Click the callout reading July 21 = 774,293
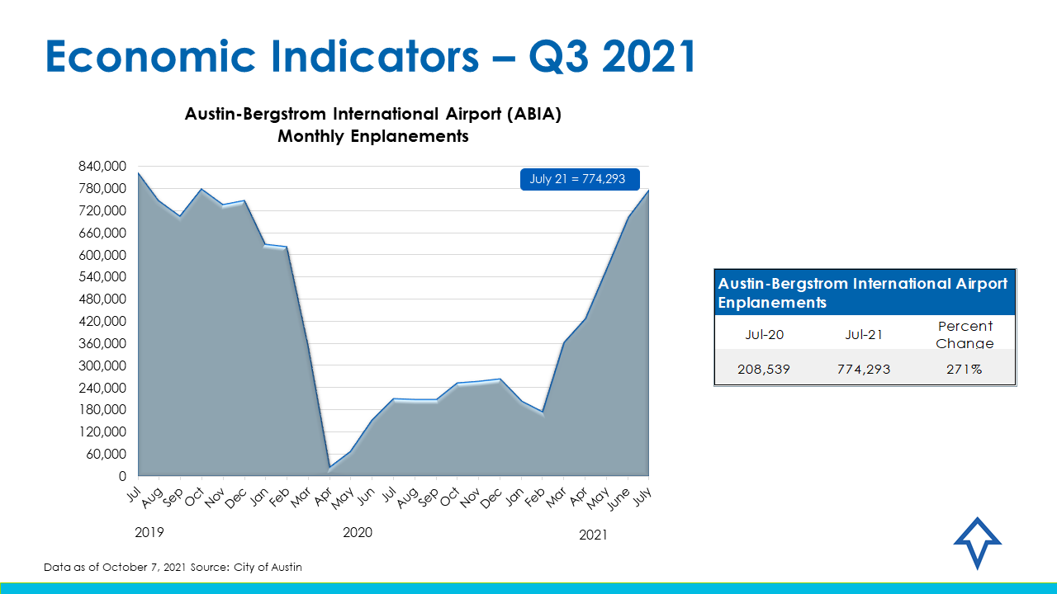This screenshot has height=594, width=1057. [x=578, y=179]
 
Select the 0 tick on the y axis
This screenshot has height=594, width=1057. [x=122, y=476]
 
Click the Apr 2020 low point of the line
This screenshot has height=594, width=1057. [x=329, y=469]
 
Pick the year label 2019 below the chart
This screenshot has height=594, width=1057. [x=149, y=533]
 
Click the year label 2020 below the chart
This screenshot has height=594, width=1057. [x=358, y=533]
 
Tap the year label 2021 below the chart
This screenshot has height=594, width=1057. [x=593, y=535]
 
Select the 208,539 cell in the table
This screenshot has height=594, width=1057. [x=764, y=369]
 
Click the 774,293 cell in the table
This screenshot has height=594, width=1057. [x=864, y=369]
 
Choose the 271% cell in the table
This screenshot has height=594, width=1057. [x=965, y=369]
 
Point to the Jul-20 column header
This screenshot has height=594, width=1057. [x=764, y=335]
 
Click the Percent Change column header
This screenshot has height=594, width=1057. [x=965, y=334]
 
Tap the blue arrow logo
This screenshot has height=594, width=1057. [x=977, y=543]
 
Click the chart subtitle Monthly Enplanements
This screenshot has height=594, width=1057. [x=373, y=136]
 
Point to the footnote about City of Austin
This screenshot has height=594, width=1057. [x=174, y=568]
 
